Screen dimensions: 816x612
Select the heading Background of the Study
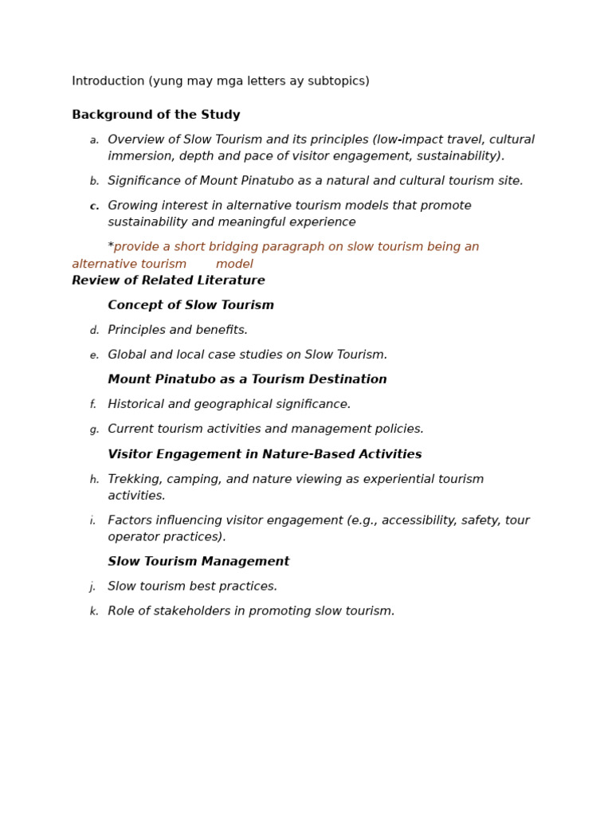pyautogui.click(x=155, y=116)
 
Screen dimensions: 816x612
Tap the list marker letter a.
pyautogui.click(x=94, y=141)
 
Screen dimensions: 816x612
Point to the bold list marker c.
pyautogui.click(x=94, y=206)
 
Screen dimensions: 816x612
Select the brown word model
pyautogui.click(x=234, y=265)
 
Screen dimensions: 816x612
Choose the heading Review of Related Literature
pyautogui.click(x=168, y=281)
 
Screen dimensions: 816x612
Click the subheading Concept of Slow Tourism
pyautogui.click(x=190, y=306)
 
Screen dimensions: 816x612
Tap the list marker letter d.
pyautogui.click(x=94, y=331)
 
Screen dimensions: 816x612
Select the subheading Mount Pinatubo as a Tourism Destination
pyautogui.click(x=247, y=380)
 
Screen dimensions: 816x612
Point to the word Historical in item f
pyautogui.click(x=136, y=405)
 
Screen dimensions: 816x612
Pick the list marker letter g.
pyautogui.click(x=94, y=430)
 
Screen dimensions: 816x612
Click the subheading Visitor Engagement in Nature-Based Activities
pyautogui.click(x=265, y=455)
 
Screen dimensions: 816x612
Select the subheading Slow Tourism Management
pyautogui.click(x=198, y=563)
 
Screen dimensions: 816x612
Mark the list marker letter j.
pyautogui.click(x=93, y=587)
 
